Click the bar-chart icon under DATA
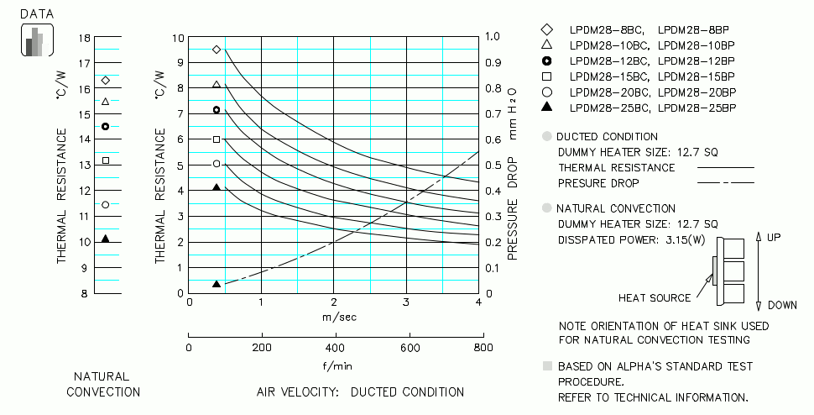point(36,41)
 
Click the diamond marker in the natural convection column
point(106,81)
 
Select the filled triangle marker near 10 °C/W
point(106,239)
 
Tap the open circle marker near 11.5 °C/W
point(106,204)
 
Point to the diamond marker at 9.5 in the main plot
point(217,50)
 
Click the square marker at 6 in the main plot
point(217,139)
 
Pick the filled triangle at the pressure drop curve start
point(217,284)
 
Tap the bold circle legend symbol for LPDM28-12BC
point(547,60)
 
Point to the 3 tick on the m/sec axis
point(406,302)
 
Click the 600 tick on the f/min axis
point(409,348)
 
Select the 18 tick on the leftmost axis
point(83,39)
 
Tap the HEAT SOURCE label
point(655,298)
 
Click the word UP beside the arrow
point(774,238)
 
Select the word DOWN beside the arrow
point(780,305)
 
